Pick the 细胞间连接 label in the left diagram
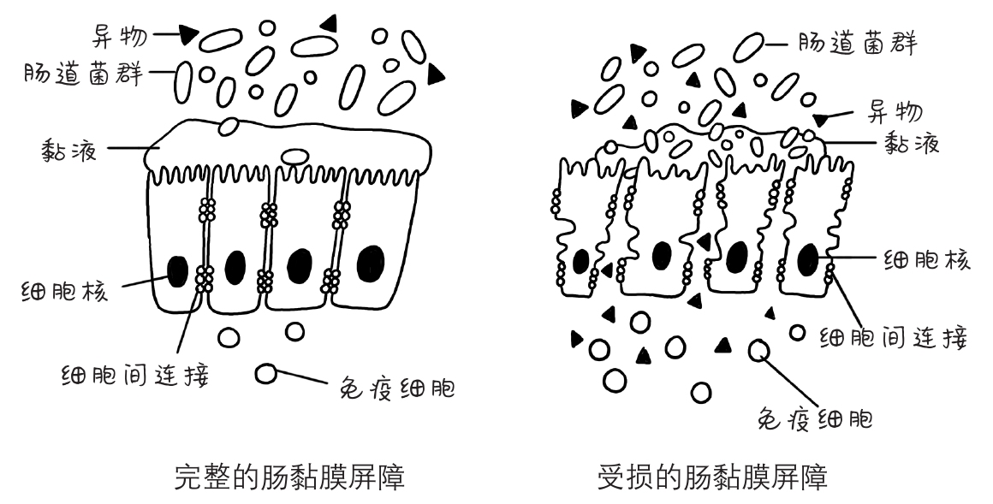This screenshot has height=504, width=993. pyautogui.click(x=136, y=374)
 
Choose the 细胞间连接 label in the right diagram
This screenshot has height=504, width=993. pyautogui.click(x=895, y=338)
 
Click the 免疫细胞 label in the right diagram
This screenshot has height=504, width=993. pyautogui.click(x=816, y=419)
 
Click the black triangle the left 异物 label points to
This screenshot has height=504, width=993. pyautogui.click(x=188, y=36)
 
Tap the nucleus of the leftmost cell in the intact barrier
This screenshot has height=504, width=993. pyautogui.click(x=178, y=272)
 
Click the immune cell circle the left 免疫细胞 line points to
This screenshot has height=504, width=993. pyautogui.click(x=266, y=373)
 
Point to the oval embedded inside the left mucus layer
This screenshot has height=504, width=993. pyautogui.click(x=295, y=157)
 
